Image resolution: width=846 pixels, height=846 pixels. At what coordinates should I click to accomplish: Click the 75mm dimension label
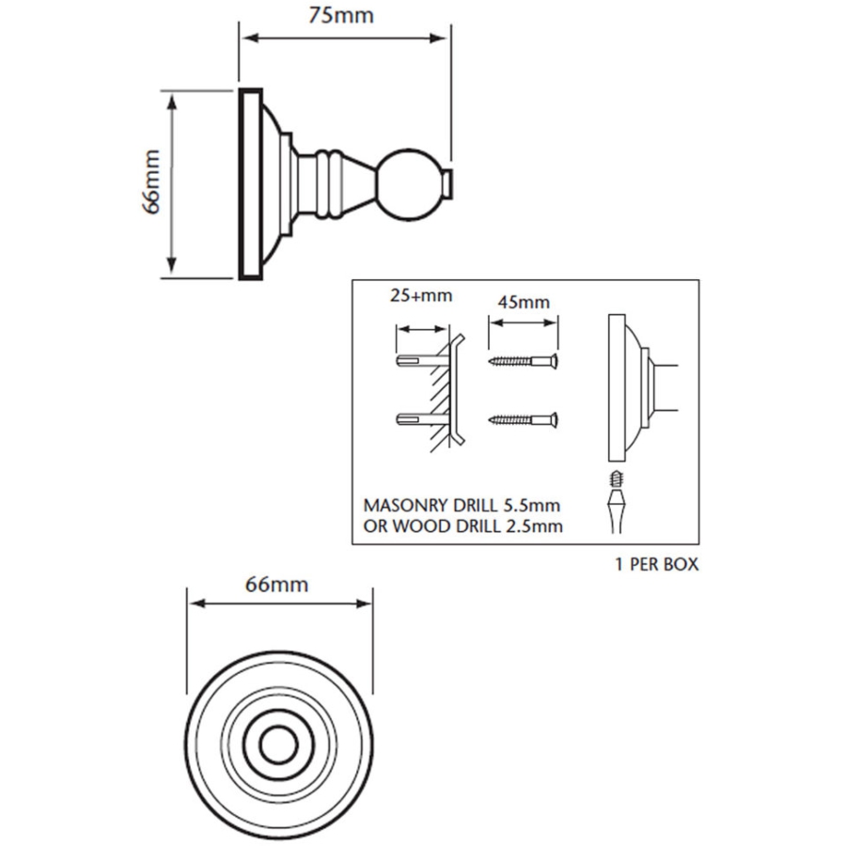click(341, 15)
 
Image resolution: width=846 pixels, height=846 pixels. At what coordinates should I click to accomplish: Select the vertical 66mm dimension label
click(151, 181)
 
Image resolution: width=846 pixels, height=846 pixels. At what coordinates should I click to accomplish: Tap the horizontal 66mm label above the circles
click(276, 585)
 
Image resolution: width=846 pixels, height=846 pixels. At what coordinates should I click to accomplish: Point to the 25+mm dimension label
click(421, 295)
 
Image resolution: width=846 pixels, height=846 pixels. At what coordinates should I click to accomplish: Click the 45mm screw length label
click(524, 302)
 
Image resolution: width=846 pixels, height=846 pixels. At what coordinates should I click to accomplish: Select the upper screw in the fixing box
click(523, 360)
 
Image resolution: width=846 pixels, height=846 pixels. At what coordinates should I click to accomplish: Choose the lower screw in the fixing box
click(523, 419)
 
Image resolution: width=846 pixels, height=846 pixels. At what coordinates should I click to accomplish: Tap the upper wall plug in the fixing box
click(422, 360)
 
